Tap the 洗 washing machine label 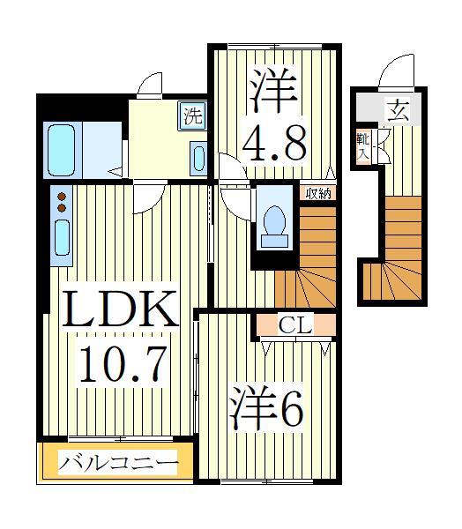coord(191,115)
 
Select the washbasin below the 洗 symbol coord(197,159)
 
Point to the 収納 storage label coord(319,193)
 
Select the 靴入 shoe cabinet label coord(363,145)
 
